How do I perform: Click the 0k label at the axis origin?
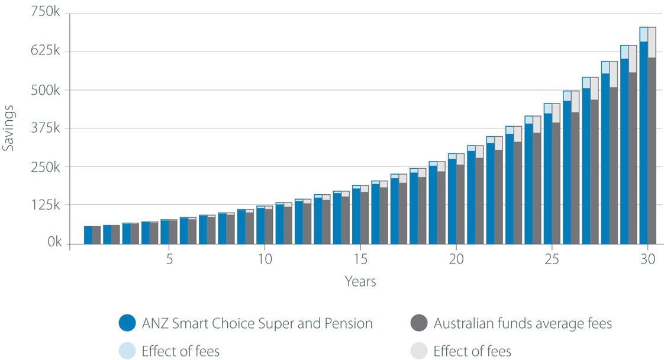pyautogui.click(x=51, y=243)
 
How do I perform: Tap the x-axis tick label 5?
pyautogui.click(x=169, y=259)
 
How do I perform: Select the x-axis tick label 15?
pyautogui.click(x=360, y=259)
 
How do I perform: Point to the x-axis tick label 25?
pyautogui.click(x=552, y=259)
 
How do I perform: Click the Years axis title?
pyautogui.click(x=360, y=281)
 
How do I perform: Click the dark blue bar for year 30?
pyautogui.click(x=643, y=142)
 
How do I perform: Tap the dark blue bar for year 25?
pyautogui.click(x=547, y=178)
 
